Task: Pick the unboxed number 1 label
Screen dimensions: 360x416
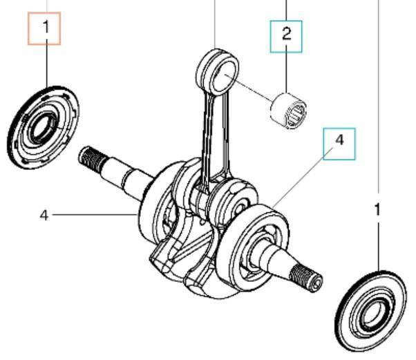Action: (x=377, y=211)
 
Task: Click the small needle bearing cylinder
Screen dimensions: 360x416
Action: (x=288, y=110)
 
